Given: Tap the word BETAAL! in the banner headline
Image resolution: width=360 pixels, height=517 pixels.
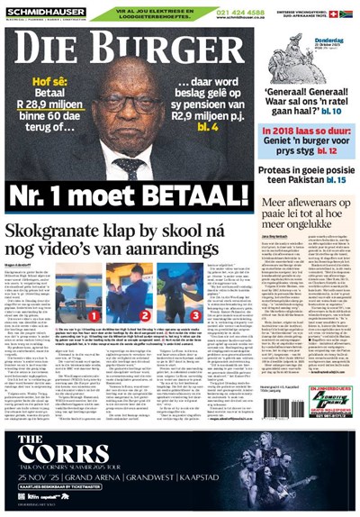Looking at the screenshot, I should click(193, 195).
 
